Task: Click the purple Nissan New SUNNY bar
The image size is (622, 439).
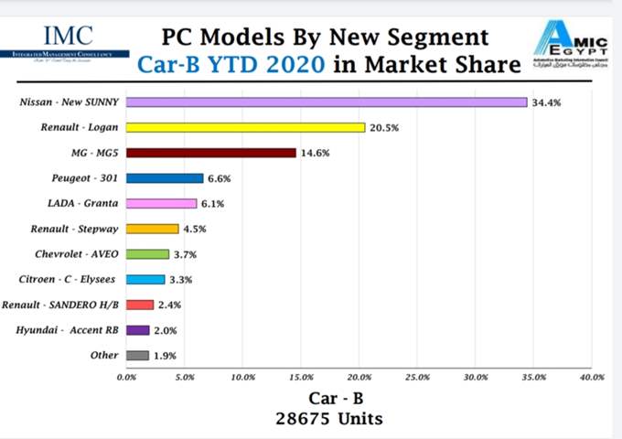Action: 326,102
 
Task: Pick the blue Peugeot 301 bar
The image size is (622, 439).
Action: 165,178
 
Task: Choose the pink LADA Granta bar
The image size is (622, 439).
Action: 161,204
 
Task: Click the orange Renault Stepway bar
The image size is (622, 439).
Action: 152,229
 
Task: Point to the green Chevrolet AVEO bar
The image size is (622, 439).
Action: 147,254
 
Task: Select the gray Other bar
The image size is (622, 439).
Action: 137,356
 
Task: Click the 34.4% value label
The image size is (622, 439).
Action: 546,103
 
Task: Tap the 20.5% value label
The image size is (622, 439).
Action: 384,128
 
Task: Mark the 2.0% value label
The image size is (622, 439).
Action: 165,331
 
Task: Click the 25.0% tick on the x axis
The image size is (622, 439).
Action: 417,377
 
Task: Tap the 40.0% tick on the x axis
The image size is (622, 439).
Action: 591,377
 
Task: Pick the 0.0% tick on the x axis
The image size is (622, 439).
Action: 126,377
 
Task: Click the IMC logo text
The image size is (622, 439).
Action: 68,36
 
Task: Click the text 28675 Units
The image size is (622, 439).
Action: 330,419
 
